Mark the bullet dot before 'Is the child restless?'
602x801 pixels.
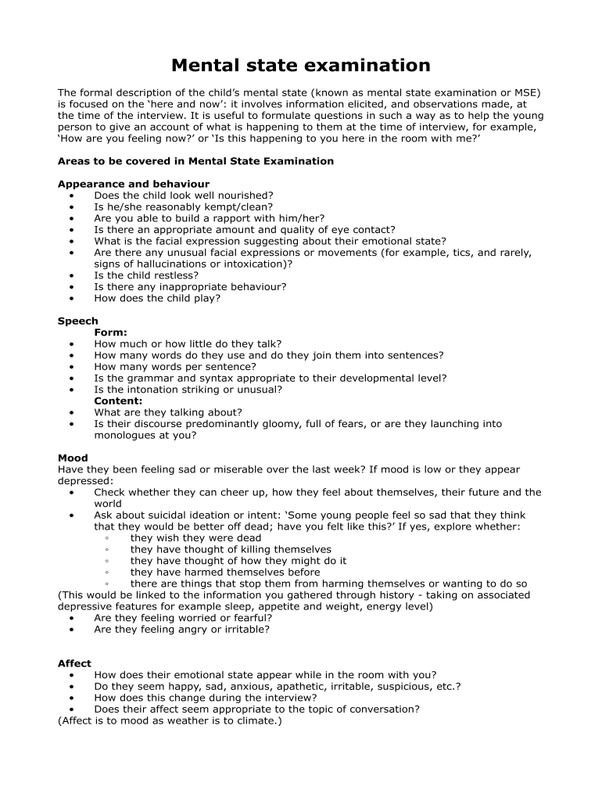pos(73,276)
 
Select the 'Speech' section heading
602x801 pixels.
pos(78,321)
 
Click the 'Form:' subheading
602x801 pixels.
pos(110,332)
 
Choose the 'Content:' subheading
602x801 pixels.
pos(118,401)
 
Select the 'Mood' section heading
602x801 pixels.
pos(73,458)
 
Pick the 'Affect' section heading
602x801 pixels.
pos(74,663)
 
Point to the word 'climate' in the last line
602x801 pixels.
pos(255,720)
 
